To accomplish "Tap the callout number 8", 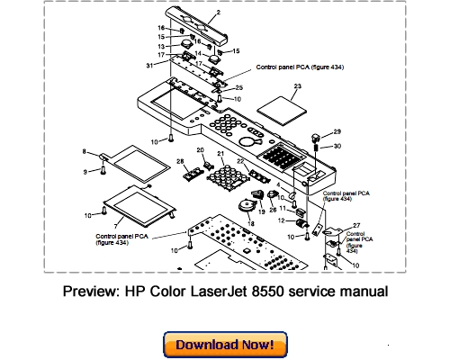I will (x=85, y=150).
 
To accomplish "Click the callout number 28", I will (x=180, y=161).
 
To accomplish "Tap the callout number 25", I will (x=238, y=87).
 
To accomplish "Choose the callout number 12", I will (x=282, y=220).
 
